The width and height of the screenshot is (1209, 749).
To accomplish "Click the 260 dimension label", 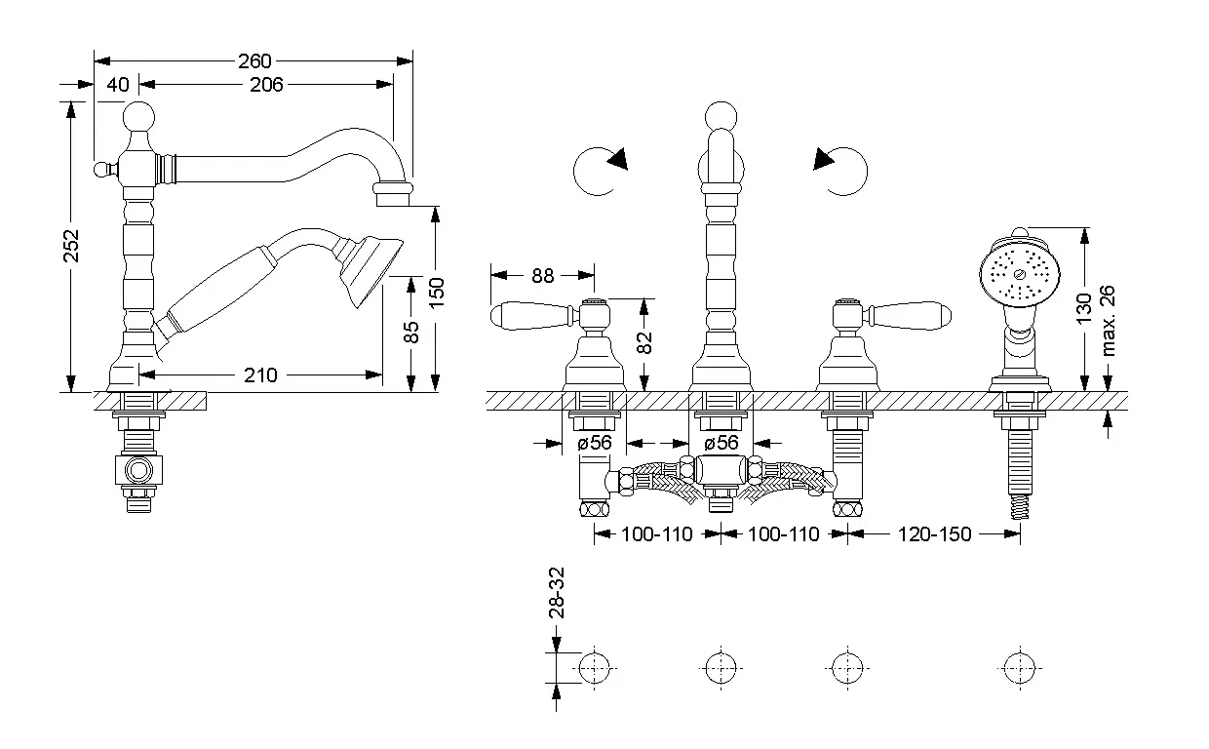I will (254, 60).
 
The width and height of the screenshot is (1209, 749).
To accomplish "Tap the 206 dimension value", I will (265, 85).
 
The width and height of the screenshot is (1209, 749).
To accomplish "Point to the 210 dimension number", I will (260, 374).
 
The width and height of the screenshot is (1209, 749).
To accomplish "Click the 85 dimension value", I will (411, 333).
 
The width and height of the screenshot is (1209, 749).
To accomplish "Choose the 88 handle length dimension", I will (542, 276).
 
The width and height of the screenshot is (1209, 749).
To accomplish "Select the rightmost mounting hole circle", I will (1018, 668).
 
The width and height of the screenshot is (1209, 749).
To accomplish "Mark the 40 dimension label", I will (117, 85).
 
